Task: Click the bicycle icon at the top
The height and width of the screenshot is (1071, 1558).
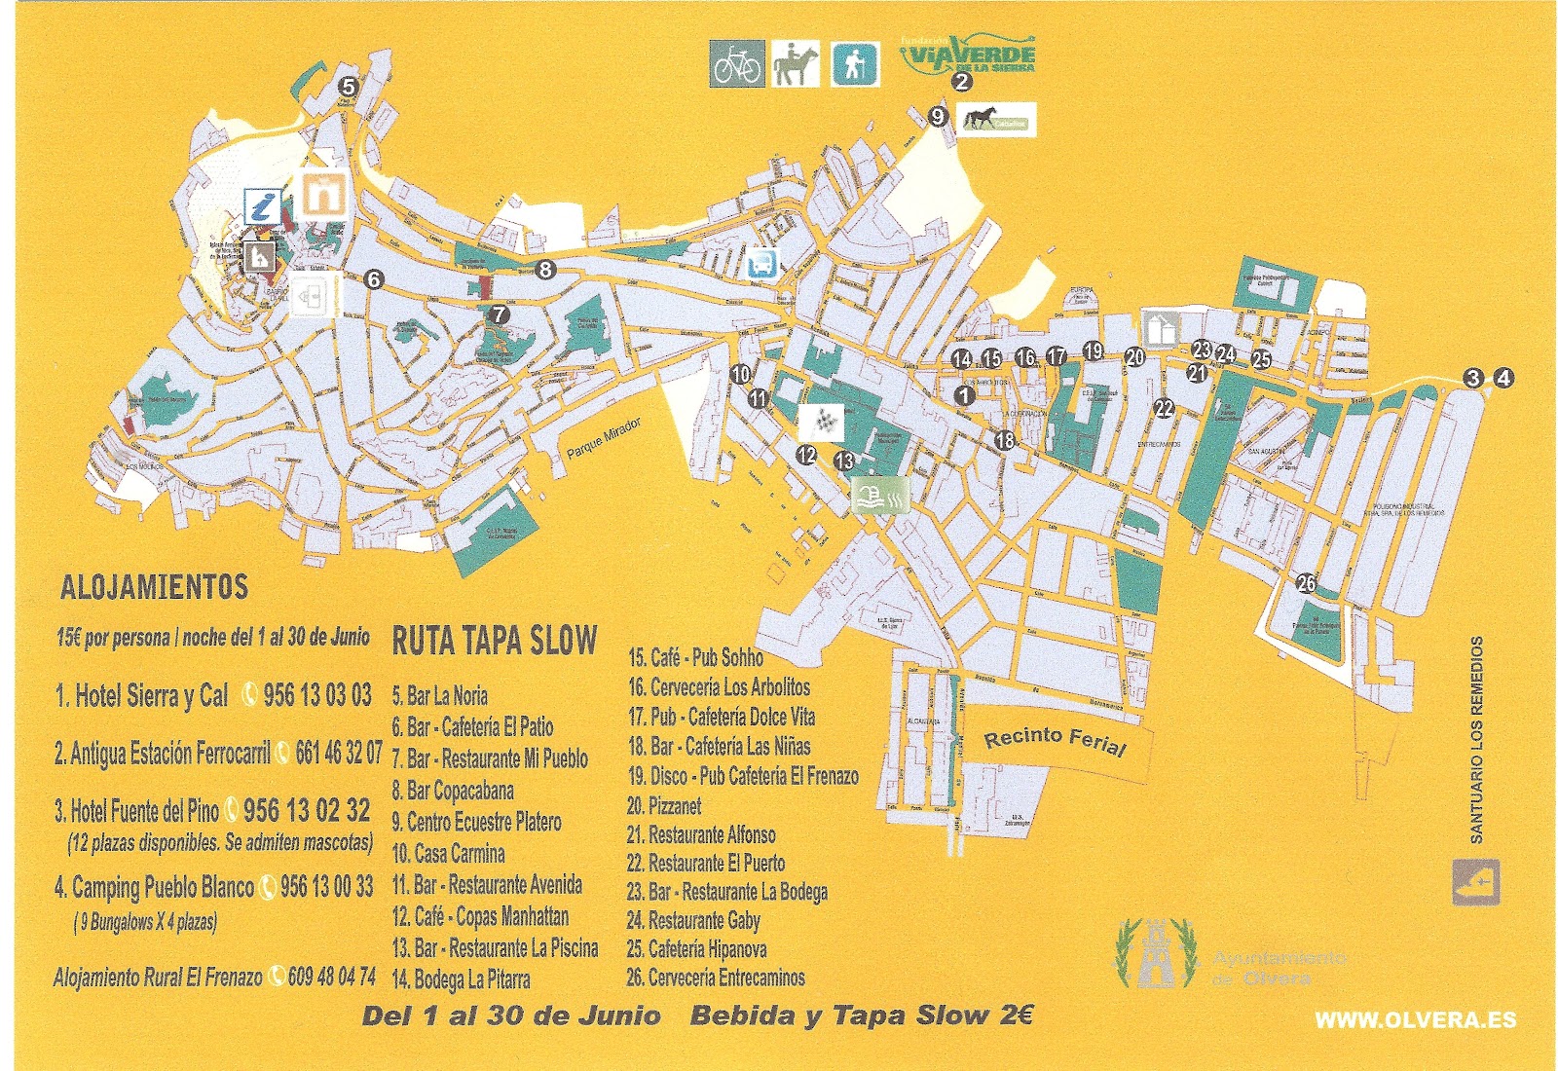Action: (x=736, y=64)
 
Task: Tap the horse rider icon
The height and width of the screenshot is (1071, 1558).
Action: (x=795, y=64)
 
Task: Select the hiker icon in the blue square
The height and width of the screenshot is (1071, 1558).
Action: (x=855, y=64)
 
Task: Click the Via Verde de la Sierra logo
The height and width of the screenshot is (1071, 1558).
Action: (x=967, y=55)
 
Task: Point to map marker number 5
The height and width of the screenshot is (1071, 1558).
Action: (x=348, y=87)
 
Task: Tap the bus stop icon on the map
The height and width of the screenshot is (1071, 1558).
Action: (x=760, y=264)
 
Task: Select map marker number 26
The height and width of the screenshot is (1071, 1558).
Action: (x=1306, y=583)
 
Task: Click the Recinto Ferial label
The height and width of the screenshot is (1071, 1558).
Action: (x=1055, y=742)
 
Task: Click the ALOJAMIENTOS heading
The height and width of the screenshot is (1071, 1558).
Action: (x=154, y=587)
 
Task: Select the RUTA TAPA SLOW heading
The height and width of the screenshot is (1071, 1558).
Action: (x=494, y=640)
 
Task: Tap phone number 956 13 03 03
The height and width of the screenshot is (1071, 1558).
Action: (x=316, y=695)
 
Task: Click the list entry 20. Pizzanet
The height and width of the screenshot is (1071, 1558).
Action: (x=664, y=806)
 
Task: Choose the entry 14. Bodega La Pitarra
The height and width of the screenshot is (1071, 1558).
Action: (x=462, y=979)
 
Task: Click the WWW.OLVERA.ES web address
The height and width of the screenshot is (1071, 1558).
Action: (x=1415, y=1019)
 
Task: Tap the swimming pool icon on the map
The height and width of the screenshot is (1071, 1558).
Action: (x=880, y=495)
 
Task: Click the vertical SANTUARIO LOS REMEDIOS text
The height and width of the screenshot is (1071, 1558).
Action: (x=1476, y=740)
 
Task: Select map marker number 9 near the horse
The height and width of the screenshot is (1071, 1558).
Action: (x=938, y=117)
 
